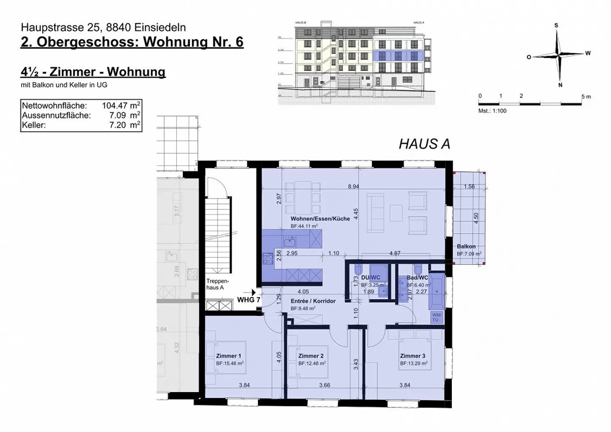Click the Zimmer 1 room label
click(228, 356)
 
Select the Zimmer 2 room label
click(311, 356)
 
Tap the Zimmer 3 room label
click(412, 356)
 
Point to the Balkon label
click(466, 246)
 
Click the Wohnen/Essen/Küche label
click(320, 219)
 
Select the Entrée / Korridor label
click(313, 301)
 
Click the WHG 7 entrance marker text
click(248, 300)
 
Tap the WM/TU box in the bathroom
click(436, 317)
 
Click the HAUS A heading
click(424, 144)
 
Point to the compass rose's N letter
click(560, 85)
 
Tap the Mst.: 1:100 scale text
click(492, 111)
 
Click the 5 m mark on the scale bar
click(586, 97)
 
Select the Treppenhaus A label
click(217, 284)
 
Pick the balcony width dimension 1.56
click(469, 187)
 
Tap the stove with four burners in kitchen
click(268, 259)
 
